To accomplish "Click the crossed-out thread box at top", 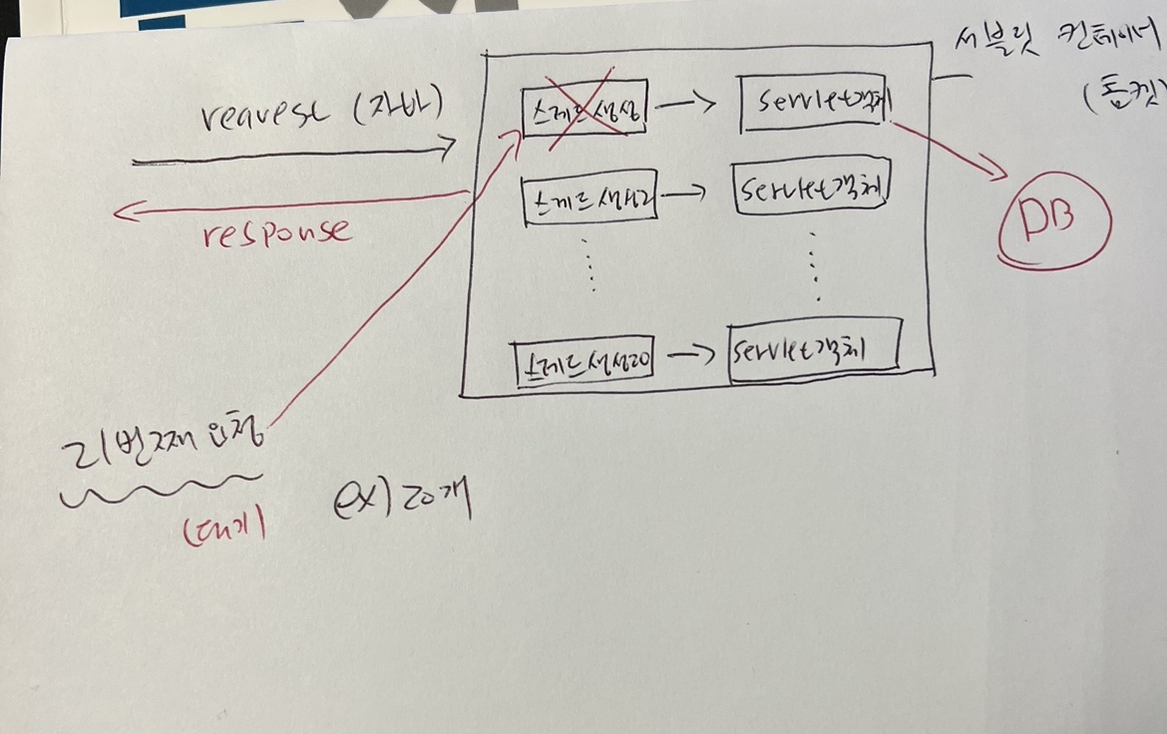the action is click(584, 106).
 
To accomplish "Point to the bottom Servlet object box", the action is click(814, 349).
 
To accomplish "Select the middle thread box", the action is click(591, 201).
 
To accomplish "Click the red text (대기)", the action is click(223, 529).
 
